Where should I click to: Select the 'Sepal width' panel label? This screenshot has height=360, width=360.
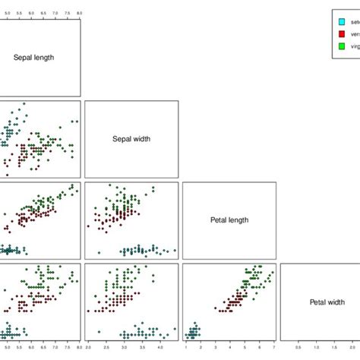point(131,139)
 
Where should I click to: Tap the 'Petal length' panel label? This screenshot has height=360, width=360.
point(229,220)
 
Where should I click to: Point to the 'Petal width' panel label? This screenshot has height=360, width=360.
point(327,302)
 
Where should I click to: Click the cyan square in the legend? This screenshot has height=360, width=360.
point(341,22)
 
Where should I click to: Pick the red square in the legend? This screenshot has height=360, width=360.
point(341,34)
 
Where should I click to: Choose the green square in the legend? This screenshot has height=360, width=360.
point(341,46)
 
